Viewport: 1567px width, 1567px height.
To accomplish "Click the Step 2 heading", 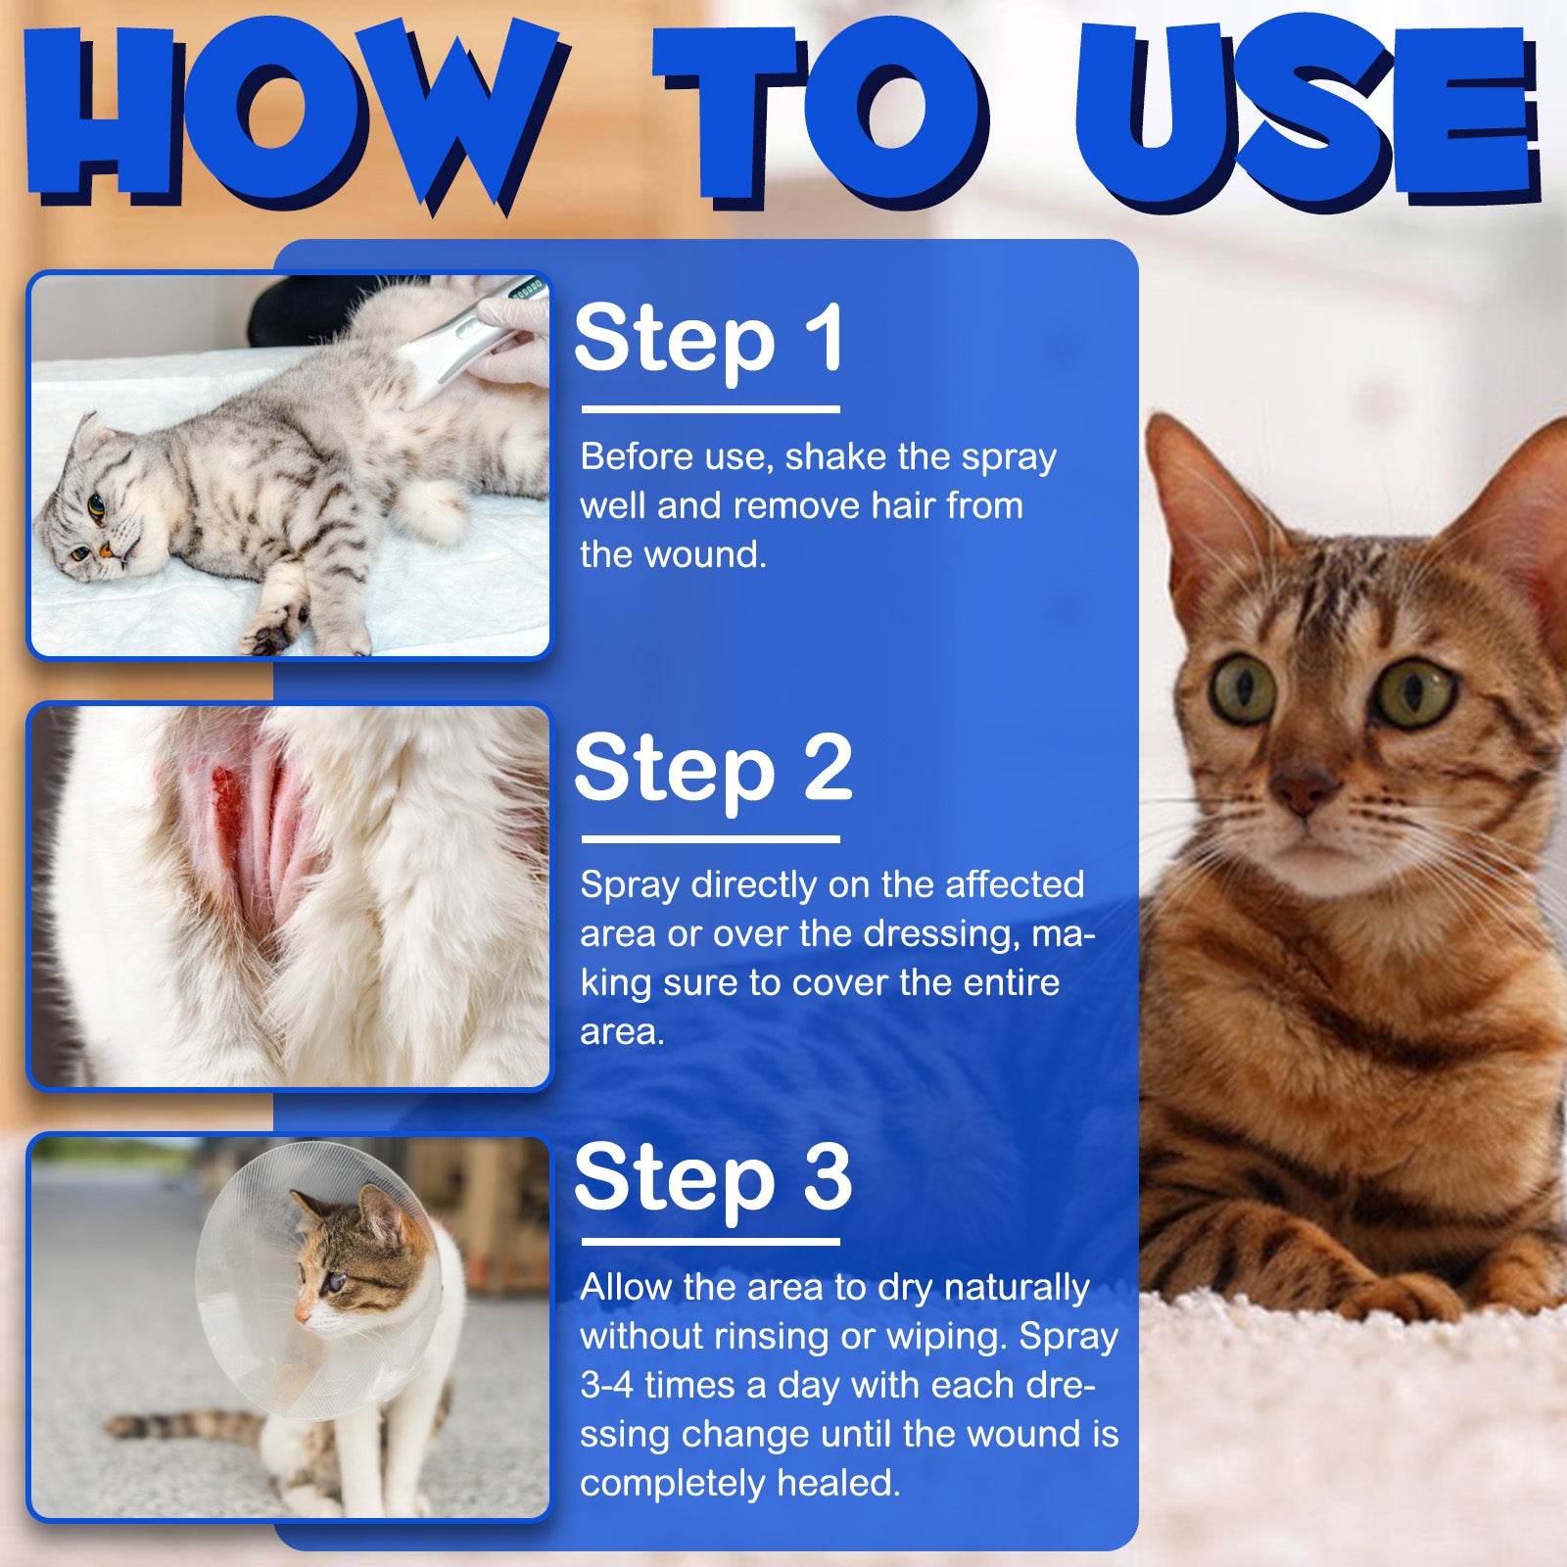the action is click(x=713, y=768).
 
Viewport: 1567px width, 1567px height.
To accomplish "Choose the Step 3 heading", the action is click(x=713, y=1177).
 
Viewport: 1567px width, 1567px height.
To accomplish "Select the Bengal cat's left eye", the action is click(x=1416, y=693).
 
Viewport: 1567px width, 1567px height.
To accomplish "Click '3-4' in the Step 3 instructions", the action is click(x=607, y=1386).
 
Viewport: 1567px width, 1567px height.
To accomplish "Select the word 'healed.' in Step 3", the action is click(x=838, y=1484).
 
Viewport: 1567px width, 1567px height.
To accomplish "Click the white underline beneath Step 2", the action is click(x=711, y=839).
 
